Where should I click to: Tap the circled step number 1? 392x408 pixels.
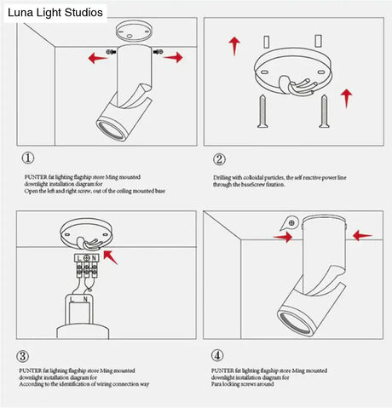pos(29,158)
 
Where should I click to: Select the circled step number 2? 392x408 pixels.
pos(219,159)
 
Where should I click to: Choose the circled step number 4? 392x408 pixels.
pos(219,355)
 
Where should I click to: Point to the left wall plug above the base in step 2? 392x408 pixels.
pos(268,40)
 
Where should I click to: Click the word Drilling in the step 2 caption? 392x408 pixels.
pos(223,178)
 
